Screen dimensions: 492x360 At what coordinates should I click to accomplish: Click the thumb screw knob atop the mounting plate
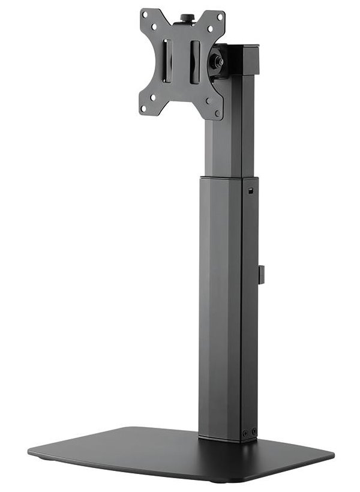coord(185,19)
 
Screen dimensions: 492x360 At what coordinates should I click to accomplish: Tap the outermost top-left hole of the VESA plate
coord(145,14)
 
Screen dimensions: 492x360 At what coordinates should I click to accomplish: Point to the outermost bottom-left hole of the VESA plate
coord(144,109)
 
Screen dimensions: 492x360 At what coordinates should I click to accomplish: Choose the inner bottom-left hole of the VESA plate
coord(154,97)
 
